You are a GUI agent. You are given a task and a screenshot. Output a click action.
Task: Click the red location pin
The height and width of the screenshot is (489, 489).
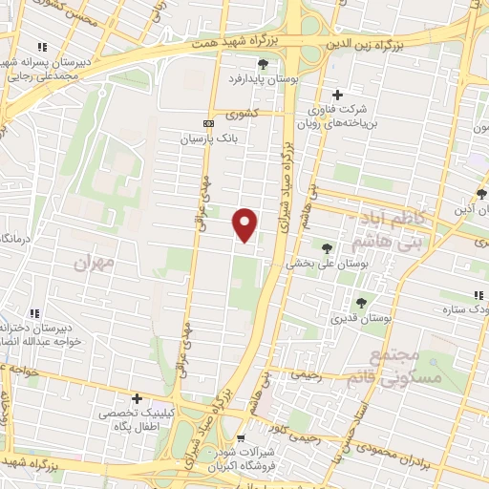245,223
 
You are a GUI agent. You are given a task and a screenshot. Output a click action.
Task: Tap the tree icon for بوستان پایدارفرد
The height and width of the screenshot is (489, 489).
264,65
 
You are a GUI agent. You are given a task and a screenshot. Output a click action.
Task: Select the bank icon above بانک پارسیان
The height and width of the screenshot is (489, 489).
209,124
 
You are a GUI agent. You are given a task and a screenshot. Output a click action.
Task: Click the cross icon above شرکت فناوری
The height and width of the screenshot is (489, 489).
337,95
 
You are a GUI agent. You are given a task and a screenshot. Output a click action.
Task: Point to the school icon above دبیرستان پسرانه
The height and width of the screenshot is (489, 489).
42,47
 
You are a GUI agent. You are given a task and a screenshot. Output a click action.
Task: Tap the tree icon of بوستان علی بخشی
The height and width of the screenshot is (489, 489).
328,248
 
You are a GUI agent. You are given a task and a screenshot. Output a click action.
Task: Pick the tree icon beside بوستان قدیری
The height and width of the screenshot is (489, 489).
360,303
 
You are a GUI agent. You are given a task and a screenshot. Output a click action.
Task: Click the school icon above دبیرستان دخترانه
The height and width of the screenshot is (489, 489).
34,312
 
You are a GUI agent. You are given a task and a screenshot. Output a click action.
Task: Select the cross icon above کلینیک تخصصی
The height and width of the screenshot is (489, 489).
137,398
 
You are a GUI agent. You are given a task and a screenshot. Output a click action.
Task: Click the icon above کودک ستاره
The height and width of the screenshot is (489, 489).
478,296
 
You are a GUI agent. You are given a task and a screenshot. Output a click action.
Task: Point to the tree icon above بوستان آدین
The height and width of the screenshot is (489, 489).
482,195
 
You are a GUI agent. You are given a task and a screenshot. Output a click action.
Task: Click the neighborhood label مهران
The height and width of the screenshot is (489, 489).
95,259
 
